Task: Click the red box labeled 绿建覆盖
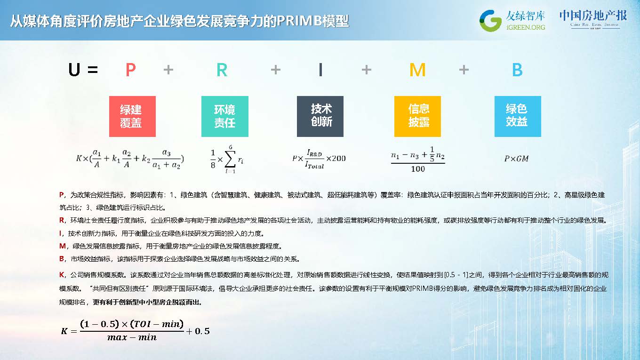tap(132, 116)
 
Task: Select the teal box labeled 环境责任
tap(225, 116)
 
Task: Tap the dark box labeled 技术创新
tap(320, 116)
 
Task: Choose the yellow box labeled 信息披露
tap(417, 116)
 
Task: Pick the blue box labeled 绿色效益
tap(518, 116)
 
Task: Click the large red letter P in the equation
tap(130, 70)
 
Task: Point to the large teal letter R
tap(222, 70)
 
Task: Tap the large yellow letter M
tap(417, 70)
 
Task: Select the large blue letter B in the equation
tap(517, 70)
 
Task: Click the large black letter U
tap(74, 70)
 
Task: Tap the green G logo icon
tap(490, 21)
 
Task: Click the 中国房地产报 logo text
tap(593, 16)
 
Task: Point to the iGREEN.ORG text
tap(526, 27)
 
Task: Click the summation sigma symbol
tap(230, 160)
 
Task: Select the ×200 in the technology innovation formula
tap(336, 158)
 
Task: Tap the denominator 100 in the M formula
tap(418, 169)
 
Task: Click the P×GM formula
tap(516, 159)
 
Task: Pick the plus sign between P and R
tap(168, 70)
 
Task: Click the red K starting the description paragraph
tap(62, 275)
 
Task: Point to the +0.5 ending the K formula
tap(198, 331)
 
